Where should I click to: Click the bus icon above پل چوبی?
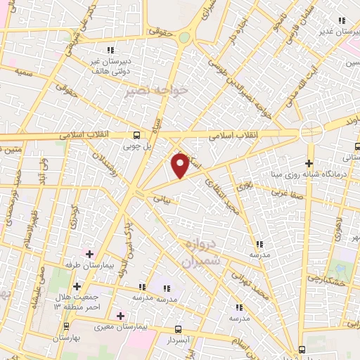137,135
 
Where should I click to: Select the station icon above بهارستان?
67,326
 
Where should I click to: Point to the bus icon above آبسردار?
179,329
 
